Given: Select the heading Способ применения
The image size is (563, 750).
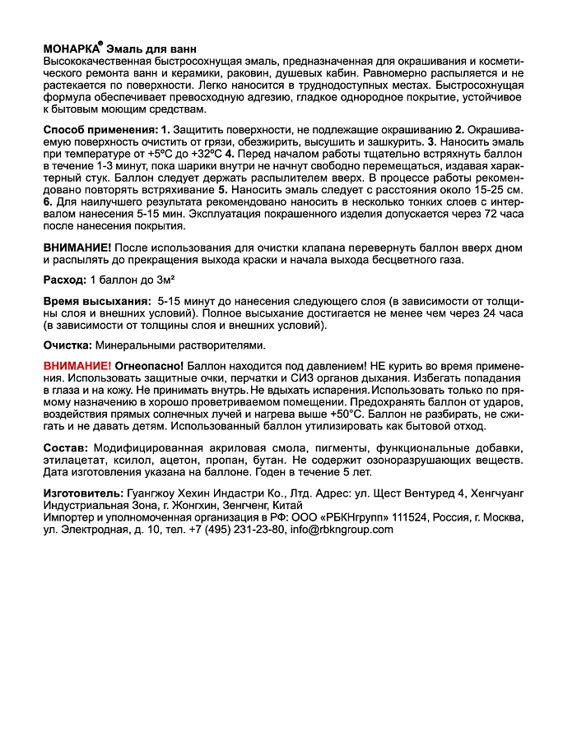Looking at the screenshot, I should [100, 131].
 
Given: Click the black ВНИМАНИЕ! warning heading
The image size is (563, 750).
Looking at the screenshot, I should [77, 248].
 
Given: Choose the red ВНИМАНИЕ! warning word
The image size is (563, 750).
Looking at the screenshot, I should [77, 364].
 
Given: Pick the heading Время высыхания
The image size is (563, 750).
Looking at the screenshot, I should [96, 301].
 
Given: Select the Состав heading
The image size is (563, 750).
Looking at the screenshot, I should [65, 447].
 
